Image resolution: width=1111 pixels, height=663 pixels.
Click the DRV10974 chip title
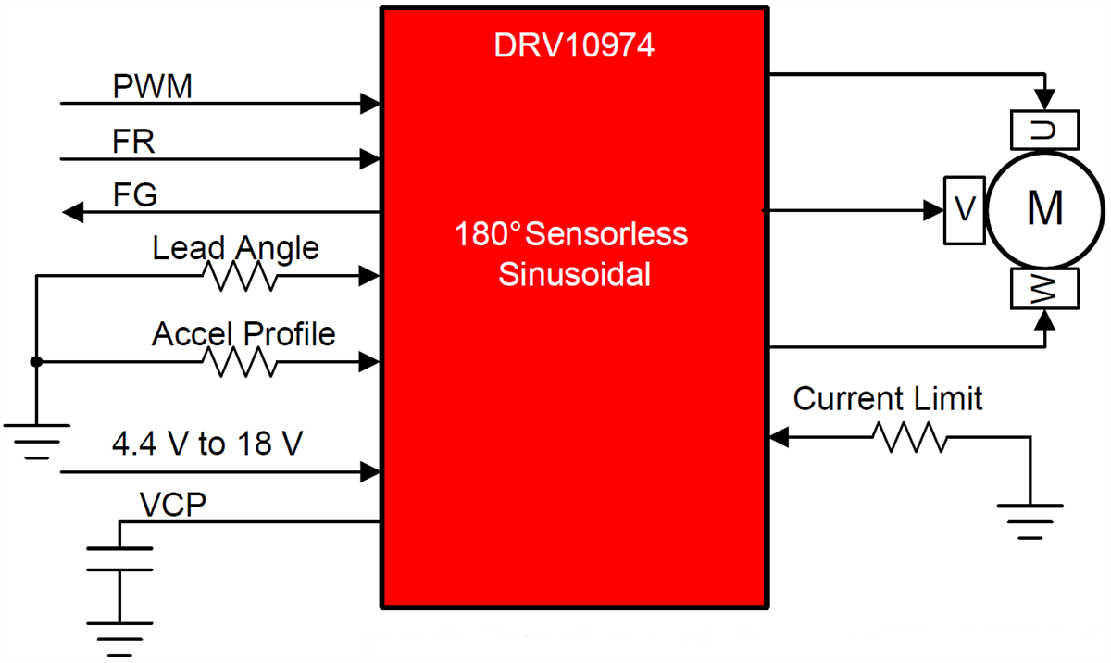[x=574, y=45]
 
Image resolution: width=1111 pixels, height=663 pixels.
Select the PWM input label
[x=153, y=87]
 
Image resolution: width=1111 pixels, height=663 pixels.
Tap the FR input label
[x=134, y=143]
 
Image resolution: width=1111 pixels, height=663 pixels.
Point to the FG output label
[x=135, y=196]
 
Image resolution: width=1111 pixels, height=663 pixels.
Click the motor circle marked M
[x=1044, y=209]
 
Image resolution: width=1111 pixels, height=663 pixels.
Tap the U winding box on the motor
[x=1045, y=130]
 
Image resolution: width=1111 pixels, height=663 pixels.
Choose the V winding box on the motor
[x=964, y=210]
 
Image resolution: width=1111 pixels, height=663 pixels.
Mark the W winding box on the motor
[x=1045, y=290]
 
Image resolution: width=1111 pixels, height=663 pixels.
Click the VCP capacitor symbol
[x=119, y=559]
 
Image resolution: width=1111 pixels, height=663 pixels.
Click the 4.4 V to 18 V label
[x=206, y=444]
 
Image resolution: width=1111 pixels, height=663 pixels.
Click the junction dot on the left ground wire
[x=36, y=362]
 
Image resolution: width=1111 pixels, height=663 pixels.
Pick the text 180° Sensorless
[x=571, y=234]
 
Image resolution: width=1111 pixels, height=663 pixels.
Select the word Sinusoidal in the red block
[x=574, y=275]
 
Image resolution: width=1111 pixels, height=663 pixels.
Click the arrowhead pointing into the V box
[x=931, y=210]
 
